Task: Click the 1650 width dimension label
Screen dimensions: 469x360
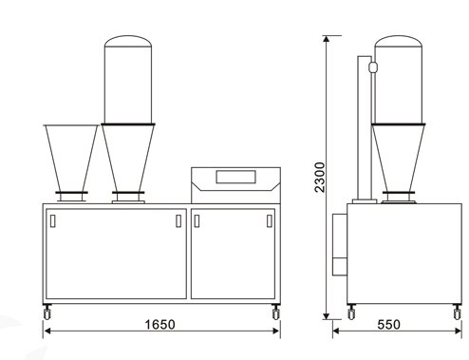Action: pyautogui.click(x=159, y=325)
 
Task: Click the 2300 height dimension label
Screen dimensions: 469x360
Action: pyautogui.click(x=320, y=178)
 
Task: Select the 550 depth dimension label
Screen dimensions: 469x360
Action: pyautogui.click(x=388, y=325)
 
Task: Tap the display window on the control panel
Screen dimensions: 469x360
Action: pyautogui.click(x=236, y=177)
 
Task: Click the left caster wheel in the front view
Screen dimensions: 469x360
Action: pyautogui.click(x=47, y=313)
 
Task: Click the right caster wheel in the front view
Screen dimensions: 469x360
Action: pyautogui.click(x=276, y=313)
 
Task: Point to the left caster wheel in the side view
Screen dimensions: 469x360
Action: pyautogui.click(x=351, y=313)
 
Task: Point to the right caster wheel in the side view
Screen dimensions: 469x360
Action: pyautogui.click(x=457, y=313)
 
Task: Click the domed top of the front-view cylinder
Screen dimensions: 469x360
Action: pyautogui.click(x=128, y=41)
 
